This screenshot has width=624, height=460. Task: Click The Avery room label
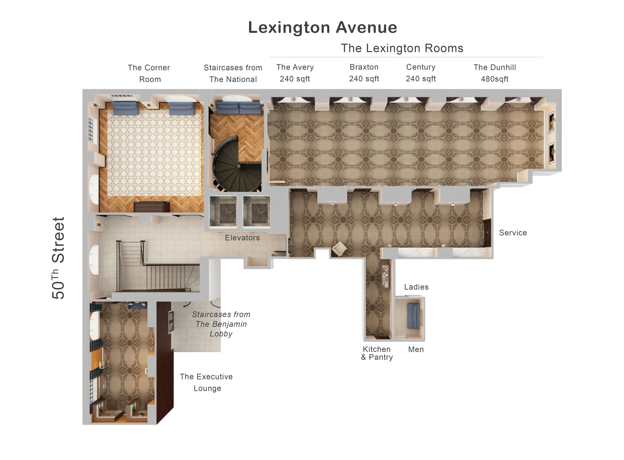pyautogui.click(x=295, y=73)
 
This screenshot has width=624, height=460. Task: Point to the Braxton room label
pyautogui.click(x=364, y=73)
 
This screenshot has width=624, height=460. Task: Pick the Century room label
pyautogui.click(x=421, y=73)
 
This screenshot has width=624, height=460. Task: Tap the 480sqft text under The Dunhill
pyautogui.click(x=495, y=79)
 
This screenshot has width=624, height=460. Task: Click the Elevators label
pyautogui.click(x=242, y=238)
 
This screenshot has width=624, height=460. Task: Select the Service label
pyautogui.click(x=513, y=233)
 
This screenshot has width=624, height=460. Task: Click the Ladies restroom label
pyautogui.click(x=416, y=287)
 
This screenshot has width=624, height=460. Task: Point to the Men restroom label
pyautogui.click(x=416, y=349)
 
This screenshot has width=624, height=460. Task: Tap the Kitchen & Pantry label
pyautogui.click(x=377, y=353)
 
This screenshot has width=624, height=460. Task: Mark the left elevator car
pyautogui.click(x=223, y=211)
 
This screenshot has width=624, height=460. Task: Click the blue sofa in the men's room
pyautogui.click(x=414, y=316)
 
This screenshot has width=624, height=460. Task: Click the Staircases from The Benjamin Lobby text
pyautogui.click(x=221, y=324)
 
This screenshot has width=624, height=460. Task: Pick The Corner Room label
pyautogui.click(x=149, y=73)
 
